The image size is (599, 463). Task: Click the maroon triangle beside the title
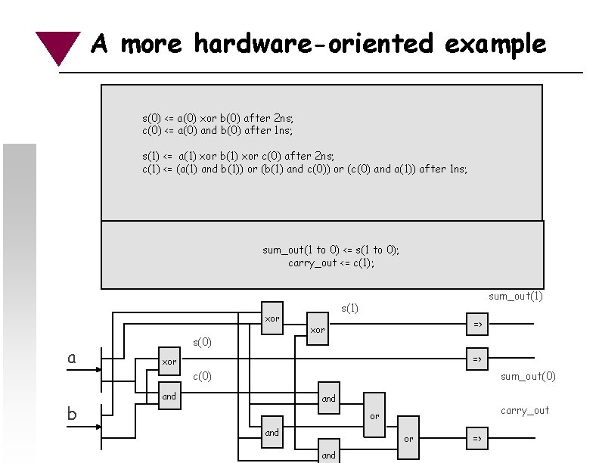click(57, 46)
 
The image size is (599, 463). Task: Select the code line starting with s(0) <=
click(218, 118)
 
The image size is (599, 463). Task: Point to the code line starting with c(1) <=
click(305, 169)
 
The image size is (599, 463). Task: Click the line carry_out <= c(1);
click(331, 263)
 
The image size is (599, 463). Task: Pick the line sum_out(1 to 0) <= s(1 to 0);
click(331, 250)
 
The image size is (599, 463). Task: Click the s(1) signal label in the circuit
click(349, 308)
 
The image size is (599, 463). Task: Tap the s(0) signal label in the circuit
click(202, 342)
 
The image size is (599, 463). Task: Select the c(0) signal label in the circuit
click(202, 376)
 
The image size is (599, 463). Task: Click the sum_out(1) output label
click(515, 296)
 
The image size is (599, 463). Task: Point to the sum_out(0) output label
click(527, 376)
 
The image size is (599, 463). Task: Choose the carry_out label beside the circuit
click(524, 411)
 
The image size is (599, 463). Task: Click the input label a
click(72, 358)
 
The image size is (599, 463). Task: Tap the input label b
click(72, 414)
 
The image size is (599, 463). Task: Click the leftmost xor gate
click(169, 362)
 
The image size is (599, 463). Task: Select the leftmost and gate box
click(169, 396)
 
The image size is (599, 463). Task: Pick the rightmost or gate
click(408, 438)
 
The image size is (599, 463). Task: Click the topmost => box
click(477, 325)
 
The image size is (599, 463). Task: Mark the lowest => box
click(477, 438)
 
